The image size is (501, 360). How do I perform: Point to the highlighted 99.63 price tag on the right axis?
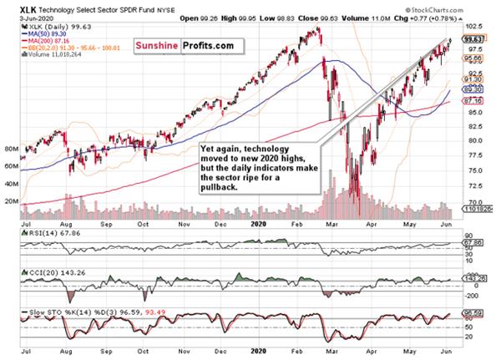(474, 38)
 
